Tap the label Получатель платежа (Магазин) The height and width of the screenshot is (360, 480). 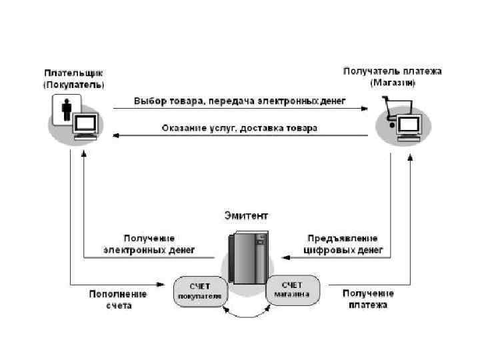392,77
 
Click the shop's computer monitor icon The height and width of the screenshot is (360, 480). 408,127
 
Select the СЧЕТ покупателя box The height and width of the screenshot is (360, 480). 199,291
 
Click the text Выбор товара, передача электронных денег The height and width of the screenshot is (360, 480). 239,101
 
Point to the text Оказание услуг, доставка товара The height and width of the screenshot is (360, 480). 239,127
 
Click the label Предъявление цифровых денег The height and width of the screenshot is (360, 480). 343,245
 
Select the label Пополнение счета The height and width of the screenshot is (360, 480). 117,299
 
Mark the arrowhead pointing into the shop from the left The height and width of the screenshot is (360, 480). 365,107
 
